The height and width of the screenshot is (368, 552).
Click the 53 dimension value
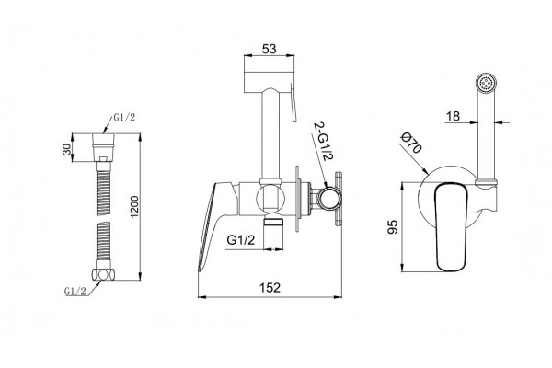pos(270,49)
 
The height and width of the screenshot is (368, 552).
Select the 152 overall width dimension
pos(270,288)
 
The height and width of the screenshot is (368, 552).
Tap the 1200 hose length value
pos(135,206)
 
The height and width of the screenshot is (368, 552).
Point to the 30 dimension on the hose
pos(67,148)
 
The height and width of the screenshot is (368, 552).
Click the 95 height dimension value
pos(392,227)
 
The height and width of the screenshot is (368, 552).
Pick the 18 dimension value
pos(453,116)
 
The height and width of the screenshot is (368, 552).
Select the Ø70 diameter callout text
pos(411,144)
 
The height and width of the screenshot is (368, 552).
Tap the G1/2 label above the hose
pos(124,118)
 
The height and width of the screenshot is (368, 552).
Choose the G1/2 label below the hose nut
pos(75,291)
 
